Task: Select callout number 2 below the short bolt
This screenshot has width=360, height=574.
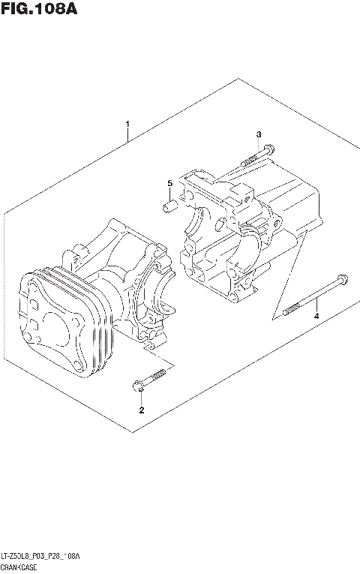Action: click(140, 410)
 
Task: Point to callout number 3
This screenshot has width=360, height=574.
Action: click(259, 134)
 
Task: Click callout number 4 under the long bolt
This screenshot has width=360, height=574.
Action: click(316, 317)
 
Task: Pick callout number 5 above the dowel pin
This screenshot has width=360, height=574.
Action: click(169, 183)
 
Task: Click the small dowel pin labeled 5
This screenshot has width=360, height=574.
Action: click(169, 204)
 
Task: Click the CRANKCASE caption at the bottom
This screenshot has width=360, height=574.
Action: click(25, 566)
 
